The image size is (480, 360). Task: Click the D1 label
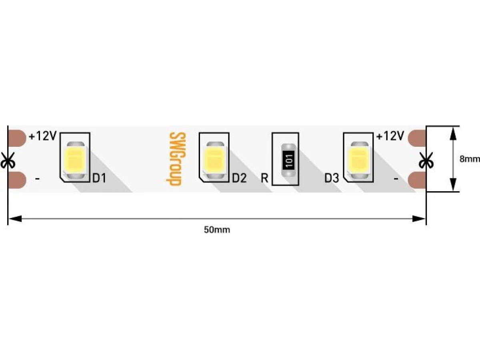(99, 178)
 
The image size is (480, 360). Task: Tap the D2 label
(239, 178)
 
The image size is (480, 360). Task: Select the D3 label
(332, 178)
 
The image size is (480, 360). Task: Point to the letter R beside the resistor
(265, 178)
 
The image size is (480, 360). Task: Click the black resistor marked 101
(289, 160)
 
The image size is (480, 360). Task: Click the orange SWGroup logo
(176, 159)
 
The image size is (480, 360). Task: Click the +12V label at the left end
(43, 136)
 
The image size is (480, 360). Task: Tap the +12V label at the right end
(390, 136)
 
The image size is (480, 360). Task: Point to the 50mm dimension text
(217, 230)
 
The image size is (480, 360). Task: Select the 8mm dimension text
(470, 159)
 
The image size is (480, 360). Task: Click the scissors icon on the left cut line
(8, 160)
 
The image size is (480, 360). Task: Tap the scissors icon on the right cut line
(426, 160)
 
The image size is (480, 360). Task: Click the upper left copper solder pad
(17, 138)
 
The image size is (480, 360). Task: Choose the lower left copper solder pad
(17, 180)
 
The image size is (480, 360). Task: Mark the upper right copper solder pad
(417, 138)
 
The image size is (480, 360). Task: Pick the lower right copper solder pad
(417, 180)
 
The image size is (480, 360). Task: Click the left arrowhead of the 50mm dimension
(15, 218)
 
